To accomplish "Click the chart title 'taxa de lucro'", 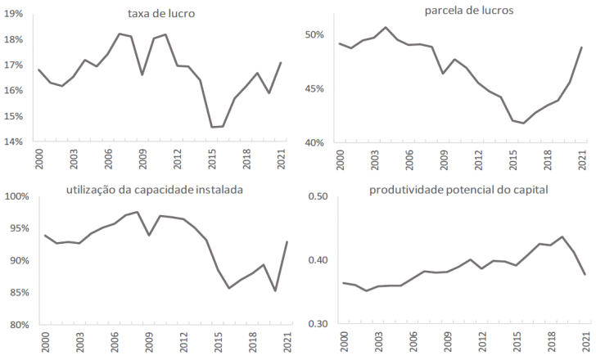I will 161,14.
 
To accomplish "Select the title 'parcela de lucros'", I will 457,11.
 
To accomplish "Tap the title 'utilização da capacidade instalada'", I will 156,191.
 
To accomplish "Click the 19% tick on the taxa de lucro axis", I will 14,14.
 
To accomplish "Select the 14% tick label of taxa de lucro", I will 14,142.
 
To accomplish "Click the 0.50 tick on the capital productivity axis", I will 317,197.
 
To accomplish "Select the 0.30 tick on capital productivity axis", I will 317,325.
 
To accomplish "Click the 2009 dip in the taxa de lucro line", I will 142,74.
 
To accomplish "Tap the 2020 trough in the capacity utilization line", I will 274,290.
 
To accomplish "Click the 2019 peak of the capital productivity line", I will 562,236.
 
